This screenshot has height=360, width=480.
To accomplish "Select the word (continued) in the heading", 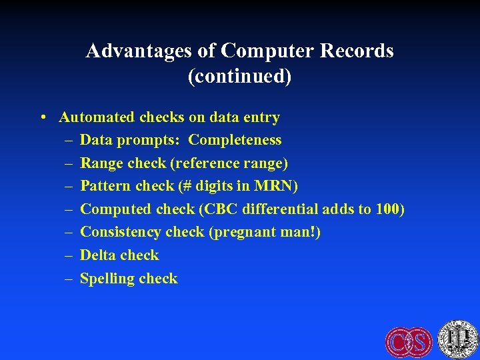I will pos(240,77).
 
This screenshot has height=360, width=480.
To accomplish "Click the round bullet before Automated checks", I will pos(42,117).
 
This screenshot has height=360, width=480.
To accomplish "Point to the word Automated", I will pos(97,117).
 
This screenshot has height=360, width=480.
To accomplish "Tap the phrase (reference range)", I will pos(239,163).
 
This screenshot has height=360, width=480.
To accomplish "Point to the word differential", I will pos(281,209).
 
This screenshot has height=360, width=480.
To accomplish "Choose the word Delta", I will pos(98,255).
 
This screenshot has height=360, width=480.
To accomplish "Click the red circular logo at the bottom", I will pos(409,342).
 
